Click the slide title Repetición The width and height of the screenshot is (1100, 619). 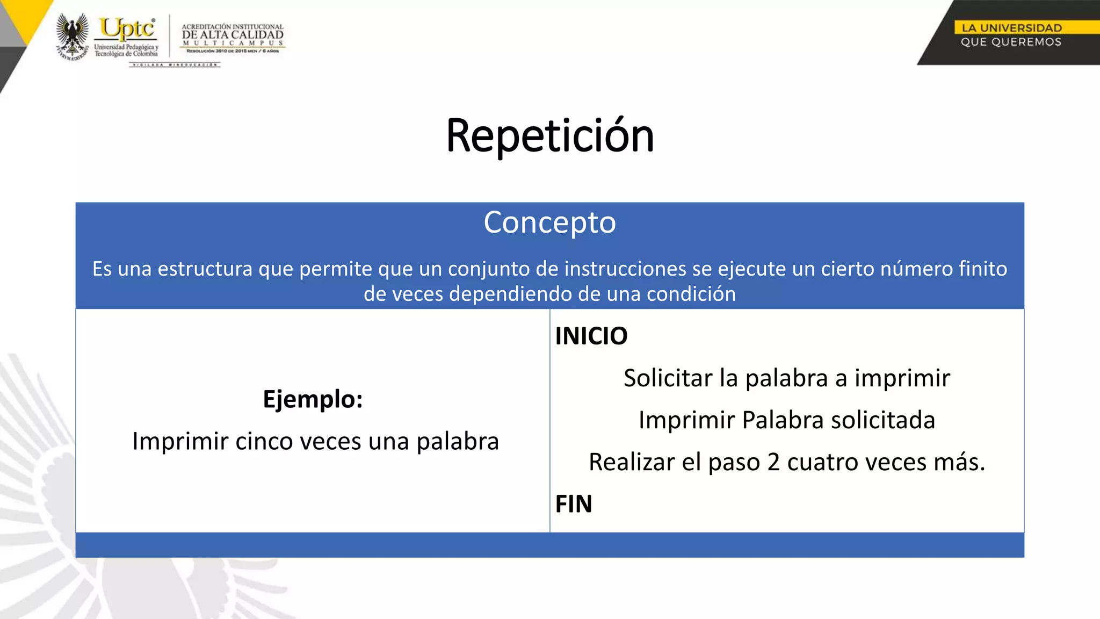click(x=550, y=136)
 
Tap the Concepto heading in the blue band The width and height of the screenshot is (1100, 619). click(x=549, y=222)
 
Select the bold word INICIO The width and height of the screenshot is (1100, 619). click(x=591, y=336)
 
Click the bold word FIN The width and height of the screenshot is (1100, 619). click(x=573, y=504)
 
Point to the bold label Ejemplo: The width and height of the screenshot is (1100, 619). click(x=313, y=399)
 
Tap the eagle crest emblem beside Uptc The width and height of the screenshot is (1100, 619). click(x=73, y=35)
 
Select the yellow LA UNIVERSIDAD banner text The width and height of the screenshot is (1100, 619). click(x=1011, y=28)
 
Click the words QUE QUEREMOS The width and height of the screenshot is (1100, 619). click(x=1011, y=42)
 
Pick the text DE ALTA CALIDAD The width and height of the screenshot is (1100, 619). click(x=233, y=35)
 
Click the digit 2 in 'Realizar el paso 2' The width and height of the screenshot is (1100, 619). click(x=773, y=462)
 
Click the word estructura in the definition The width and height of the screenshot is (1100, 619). click(x=205, y=269)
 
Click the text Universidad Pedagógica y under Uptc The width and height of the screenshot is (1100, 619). click(x=126, y=47)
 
